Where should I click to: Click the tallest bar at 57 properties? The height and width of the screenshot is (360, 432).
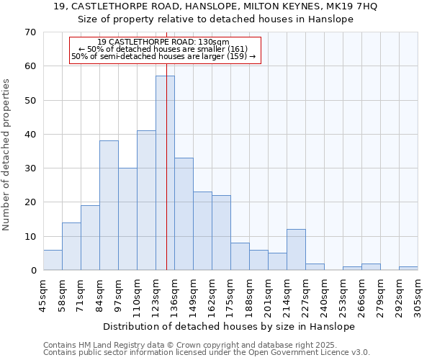165,173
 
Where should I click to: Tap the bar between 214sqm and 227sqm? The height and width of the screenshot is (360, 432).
296,250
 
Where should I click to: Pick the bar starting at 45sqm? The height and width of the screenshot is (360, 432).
53,260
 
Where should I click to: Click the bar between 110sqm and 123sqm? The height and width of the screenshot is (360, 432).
146,200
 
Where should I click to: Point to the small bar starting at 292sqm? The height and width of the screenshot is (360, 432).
408,269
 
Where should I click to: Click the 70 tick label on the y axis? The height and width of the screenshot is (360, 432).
30,32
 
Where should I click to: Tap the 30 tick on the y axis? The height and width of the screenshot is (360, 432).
30,168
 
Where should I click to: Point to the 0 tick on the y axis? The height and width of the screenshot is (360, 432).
32,271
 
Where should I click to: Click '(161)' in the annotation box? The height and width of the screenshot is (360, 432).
236,49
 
